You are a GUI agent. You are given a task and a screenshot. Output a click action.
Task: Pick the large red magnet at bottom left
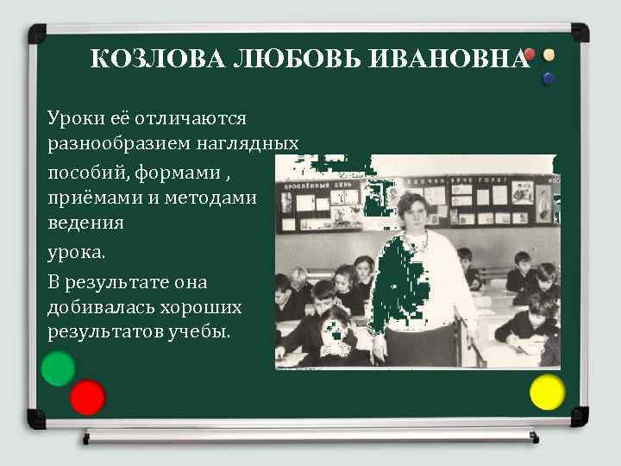point(87,397)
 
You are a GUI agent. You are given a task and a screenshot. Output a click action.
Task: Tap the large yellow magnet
point(547,392)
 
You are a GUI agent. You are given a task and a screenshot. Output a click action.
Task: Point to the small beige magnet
point(549,54)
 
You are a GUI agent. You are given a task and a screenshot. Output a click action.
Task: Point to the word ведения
point(86,223)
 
